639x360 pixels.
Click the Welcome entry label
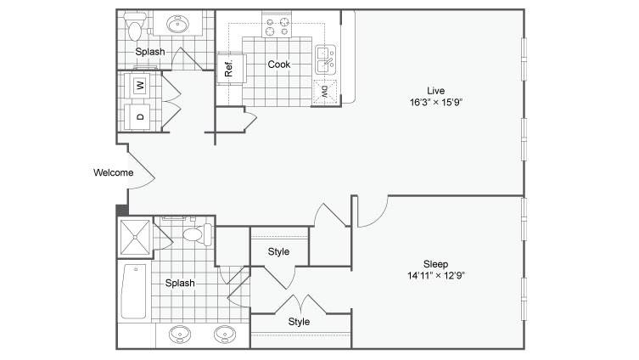coord(114,172)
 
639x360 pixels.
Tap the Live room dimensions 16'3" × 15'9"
coord(436,103)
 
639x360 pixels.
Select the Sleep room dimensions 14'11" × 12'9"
coord(436,276)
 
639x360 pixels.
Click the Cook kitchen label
coord(278,65)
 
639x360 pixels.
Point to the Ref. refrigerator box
coord(231,69)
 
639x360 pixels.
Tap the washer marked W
coord(140,85)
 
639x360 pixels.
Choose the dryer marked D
coord(140,117)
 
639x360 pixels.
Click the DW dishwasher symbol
coord(325,92)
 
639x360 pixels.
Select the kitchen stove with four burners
coord(277,25)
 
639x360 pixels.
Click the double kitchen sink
coord(326,59)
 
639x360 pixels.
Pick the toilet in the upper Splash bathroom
coord(134,26)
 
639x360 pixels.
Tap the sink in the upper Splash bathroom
coord(177,24)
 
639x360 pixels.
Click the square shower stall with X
coord(135,237)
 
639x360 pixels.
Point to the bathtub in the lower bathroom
coord(134,291)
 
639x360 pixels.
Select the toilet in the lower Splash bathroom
coord(197,234)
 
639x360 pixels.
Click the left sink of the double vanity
coord(179,335)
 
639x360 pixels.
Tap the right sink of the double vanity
coord(225,335)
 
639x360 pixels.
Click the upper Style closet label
coord(278,251)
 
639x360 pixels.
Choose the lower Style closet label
coord(299,322)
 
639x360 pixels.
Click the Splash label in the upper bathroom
coord(150,52)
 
